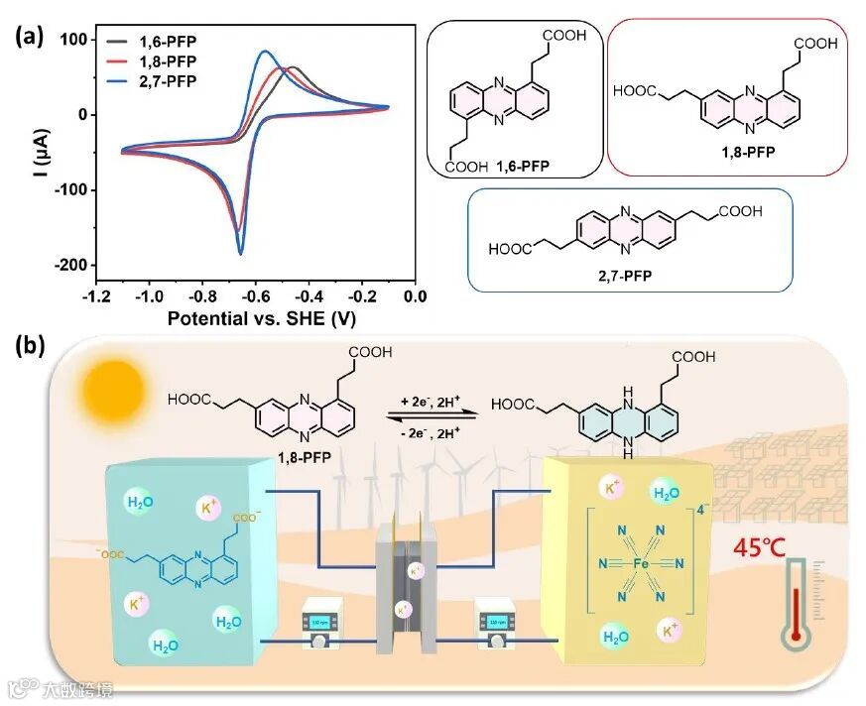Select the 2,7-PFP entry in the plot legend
coord(161,81)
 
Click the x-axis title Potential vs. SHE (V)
coord(263,319)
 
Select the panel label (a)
coord(31,37)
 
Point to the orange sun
coord(114,388)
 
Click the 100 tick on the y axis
coord(73,40)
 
